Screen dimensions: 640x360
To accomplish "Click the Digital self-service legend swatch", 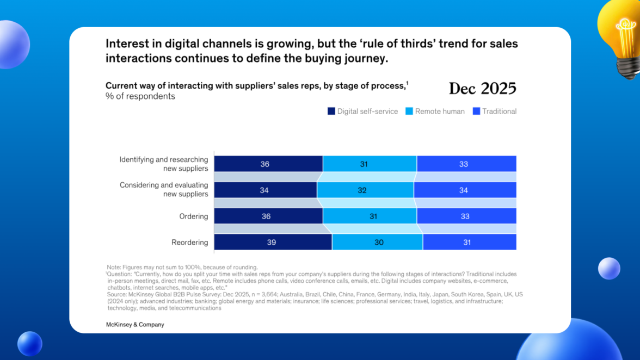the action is pyautogui.click(x=331, y=111).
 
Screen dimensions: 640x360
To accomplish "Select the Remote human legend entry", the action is pyautogui.click(x=435, y=111).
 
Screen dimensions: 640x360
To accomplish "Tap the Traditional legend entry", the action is pyautogui.click(x=494, y=111).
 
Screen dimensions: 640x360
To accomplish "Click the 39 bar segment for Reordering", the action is pyautogui.click(x=273, y=242).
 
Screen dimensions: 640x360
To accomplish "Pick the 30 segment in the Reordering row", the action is pyautogui.click(x=378, y=242).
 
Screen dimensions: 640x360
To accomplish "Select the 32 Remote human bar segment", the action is pyautogui.click(x=365, y=190).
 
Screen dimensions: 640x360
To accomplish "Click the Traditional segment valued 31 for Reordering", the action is pyautogui.click(x=469, y=242).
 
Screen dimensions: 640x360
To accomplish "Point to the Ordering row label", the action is pyautogui.click(x=194, y=216).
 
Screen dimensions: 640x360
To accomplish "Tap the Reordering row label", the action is pyautogui.click(x=190, y=243).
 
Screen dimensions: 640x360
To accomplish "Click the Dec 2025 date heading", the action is pyautogui.click(x=482, y=89).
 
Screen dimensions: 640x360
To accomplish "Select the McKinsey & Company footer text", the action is pyautogui.click(x=135, y=325).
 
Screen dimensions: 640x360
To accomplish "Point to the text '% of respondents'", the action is pyautogui.click(x=140, y=96).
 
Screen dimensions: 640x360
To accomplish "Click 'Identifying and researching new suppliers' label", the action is pyautogui.click(x=164, y=164).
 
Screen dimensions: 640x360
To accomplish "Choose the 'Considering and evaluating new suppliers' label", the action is pyautogui.click(x=164, y=190).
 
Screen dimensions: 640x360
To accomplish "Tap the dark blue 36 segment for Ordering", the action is pyautogui.click(x=269, y=216).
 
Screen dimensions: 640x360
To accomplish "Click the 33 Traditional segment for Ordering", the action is pyautogui.click(x=466, y=216).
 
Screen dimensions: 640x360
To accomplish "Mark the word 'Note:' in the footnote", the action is pyautogui.click(x=114, y=268).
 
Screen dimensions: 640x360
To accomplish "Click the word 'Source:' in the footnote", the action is pyautogui.click(x=116, y=294).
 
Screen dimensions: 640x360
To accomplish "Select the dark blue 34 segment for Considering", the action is pyautogui.click(x=266, y=190).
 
